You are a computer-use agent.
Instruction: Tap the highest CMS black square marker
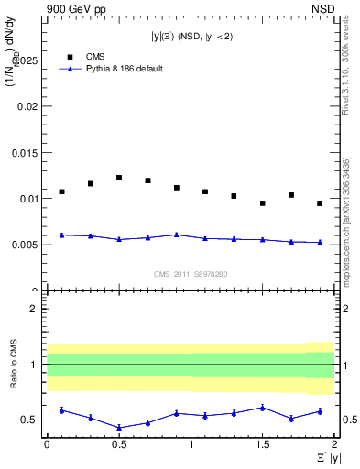(x=119, y=178)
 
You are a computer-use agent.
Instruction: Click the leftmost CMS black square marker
(x=61, y=191)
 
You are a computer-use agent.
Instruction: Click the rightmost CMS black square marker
(x=320, y=203)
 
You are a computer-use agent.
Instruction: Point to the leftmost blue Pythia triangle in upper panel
(x=61, y=234)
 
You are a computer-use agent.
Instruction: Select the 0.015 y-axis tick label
(x=25, y=152)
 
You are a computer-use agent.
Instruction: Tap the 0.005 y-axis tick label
(x=25, y=245)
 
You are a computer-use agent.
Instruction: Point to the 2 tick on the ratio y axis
(x=34, y=309)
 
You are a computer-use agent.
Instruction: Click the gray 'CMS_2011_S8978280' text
(x=191, y=273)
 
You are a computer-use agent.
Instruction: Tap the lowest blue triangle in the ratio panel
(x=119, y=428)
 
